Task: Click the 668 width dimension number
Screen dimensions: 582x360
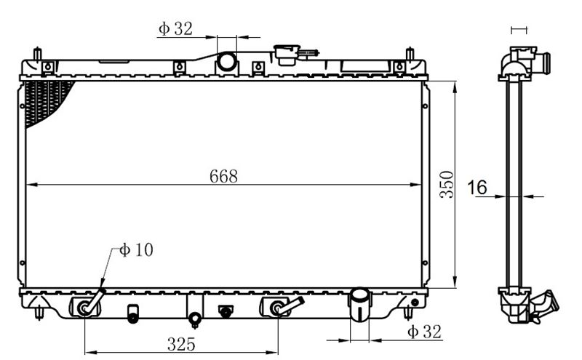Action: click(223, 176)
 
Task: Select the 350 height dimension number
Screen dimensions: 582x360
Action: click(447, 185)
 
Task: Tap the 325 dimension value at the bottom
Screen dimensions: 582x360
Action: click(181, 344)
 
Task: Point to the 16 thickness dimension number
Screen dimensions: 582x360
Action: click(477, 188)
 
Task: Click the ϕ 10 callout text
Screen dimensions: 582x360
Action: click(136, 250)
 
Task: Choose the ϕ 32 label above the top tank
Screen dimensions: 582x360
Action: click(175, 28)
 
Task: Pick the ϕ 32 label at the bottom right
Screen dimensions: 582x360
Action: click(425, 332)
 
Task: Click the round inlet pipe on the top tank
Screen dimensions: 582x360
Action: click(226, 62)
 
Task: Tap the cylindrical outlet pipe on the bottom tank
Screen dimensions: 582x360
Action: click(359, 304)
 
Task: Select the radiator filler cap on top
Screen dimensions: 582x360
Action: click(287, 55)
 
